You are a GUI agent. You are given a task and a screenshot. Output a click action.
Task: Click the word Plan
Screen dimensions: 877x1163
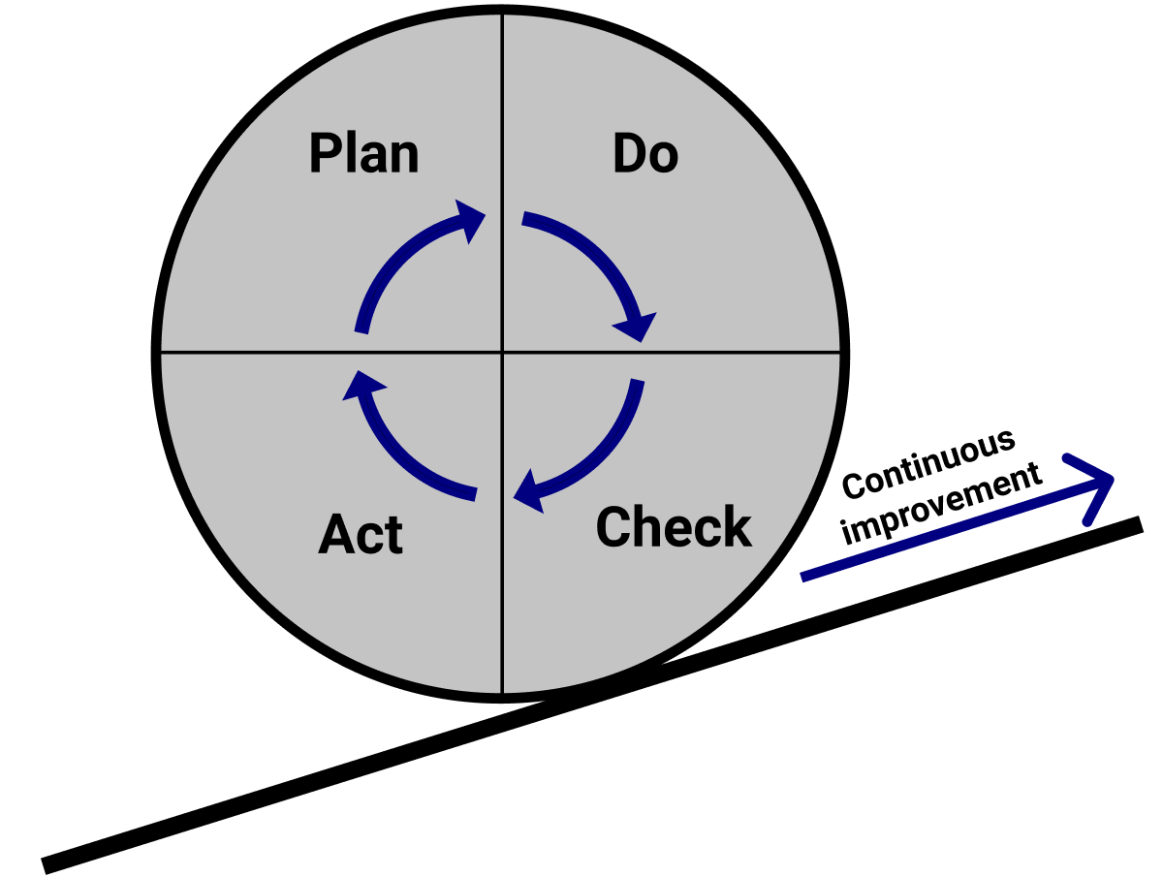coord(363,154)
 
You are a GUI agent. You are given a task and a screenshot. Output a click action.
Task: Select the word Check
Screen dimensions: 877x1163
coord(674,526)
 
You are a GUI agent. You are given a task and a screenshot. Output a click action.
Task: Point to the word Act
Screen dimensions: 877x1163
coord(361,534)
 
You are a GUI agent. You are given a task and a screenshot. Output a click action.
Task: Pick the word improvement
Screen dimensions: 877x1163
coord(942,506)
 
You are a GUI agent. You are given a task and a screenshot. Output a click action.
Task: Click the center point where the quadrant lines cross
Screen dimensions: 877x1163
coord(502,352)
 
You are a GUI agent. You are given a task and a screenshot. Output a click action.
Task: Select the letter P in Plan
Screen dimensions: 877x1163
coord(325,154)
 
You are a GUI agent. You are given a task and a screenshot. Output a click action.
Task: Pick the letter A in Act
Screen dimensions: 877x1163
coord(334,534)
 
